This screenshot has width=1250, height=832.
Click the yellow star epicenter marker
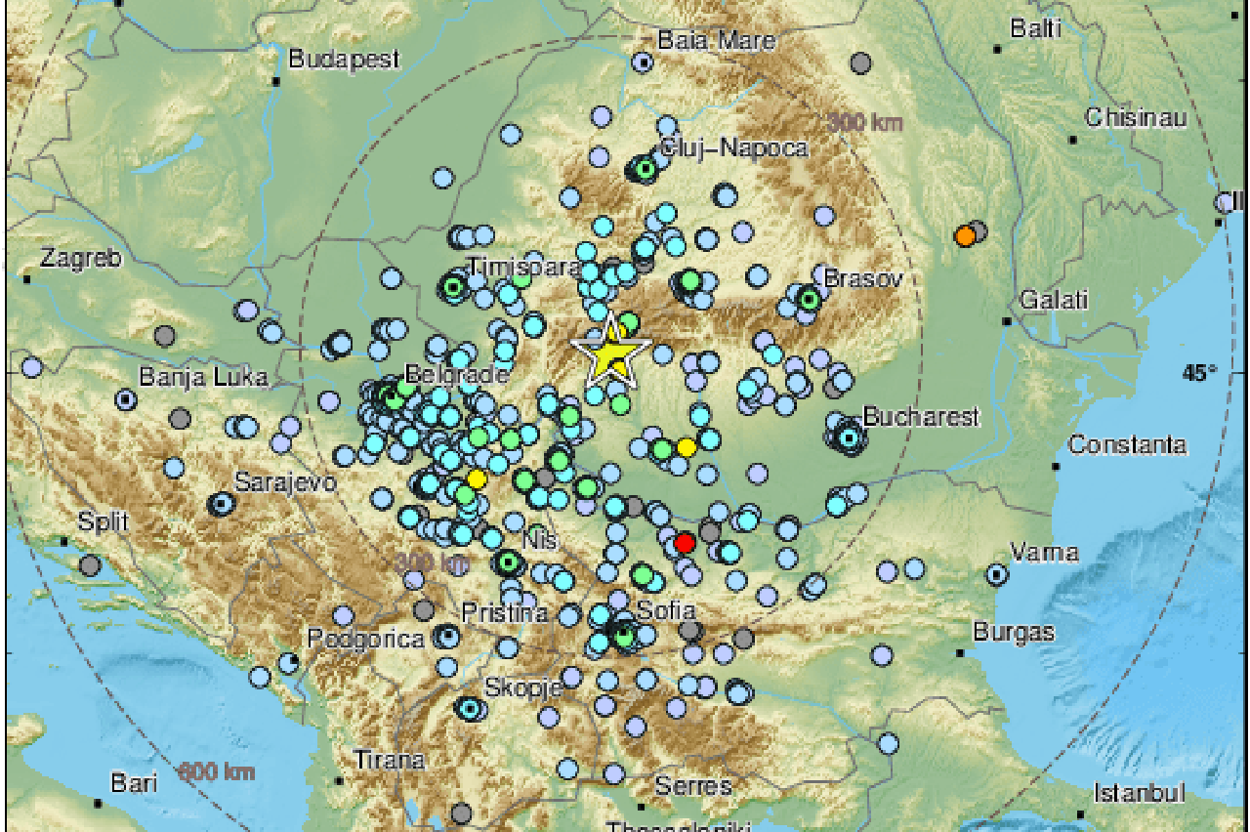[x=610, y=353]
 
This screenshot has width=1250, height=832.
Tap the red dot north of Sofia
[x=685, y=542]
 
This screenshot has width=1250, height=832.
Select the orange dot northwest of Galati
[x=965, y=236]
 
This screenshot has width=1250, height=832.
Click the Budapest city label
[x=345, y=60]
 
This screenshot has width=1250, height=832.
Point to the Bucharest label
[x=920, y=418]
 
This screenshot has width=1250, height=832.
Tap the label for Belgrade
[x=458, y=375]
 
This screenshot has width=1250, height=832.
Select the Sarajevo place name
[x=285, y=482]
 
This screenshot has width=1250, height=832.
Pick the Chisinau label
[x=1136, y=118]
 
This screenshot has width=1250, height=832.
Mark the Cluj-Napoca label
[x=734, y=147]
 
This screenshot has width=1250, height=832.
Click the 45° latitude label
[x=1200, y=372]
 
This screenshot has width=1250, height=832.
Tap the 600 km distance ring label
[x=217, y=772]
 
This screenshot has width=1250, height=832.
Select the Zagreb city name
[x=81, y=259]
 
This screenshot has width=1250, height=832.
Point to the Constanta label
[x=1127, y=445]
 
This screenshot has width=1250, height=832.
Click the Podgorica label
[x=366, y=640]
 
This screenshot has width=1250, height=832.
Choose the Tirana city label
[x=389, y=760]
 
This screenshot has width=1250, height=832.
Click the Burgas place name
[x=1013, y=631]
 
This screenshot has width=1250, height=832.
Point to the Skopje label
[x=523, y=686]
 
